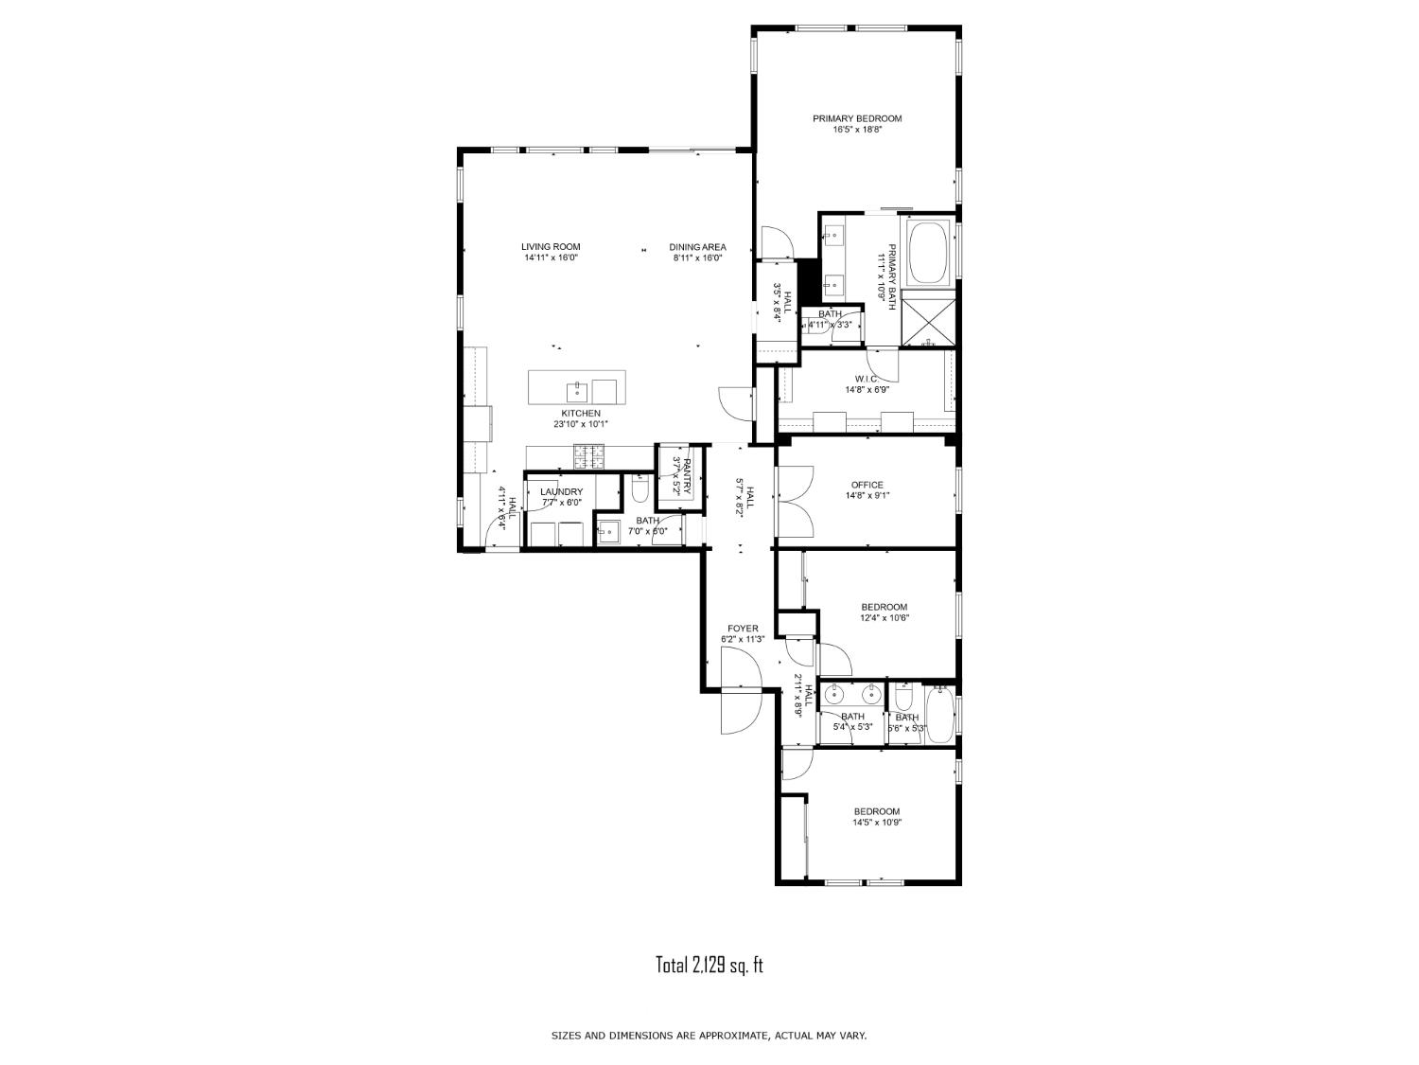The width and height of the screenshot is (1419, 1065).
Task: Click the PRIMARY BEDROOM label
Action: click(x=857, y=118)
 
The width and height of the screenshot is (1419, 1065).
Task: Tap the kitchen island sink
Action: click(x=576, y=389)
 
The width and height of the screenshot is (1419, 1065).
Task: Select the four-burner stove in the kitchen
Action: click(x=590, y=459)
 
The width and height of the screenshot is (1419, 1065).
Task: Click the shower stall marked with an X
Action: click(x=928, y=321)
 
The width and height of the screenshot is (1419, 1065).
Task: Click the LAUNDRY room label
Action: click(x=561, y=491)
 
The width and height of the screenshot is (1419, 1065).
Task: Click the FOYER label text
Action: click(x=743, y=629)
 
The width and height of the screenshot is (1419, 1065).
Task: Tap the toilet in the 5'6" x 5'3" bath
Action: click(x=903, y=699)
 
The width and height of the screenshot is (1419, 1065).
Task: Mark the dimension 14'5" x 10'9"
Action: click(x=877, y=823)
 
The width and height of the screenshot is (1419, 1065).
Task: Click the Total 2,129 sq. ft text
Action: click(x=709, y=965)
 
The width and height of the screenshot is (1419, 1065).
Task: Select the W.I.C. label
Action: click(x=867, y=379)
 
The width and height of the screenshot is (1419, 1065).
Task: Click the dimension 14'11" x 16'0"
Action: click(x=551, y=257)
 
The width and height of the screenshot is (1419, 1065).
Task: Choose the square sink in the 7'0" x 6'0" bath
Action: click(x=608, y=532)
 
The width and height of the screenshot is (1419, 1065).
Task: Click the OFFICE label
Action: click(x=867, y=485)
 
